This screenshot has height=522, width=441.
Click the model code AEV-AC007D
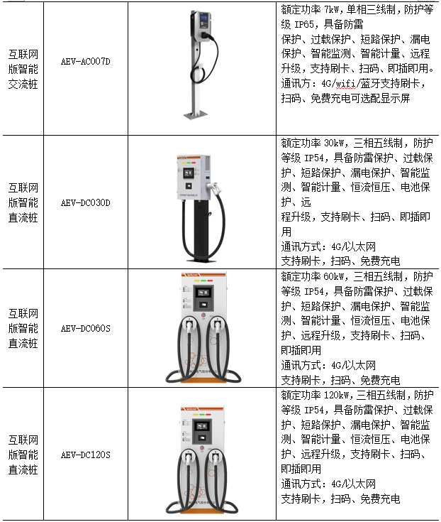point(85,62)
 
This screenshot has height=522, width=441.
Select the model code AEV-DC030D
point(85,202)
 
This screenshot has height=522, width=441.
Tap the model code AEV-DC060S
point(85,329)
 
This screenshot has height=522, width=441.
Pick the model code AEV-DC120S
point(85,455)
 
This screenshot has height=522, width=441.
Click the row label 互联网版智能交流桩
point(23,70)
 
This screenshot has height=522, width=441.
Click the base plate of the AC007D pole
point(196,115)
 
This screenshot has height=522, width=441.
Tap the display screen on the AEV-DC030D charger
point(189,173)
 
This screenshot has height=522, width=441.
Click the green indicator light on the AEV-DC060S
point(203,281)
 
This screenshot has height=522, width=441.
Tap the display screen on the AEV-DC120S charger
point(202,426)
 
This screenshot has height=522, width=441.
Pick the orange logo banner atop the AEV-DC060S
point(203,275)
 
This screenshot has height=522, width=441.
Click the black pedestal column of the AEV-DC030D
point(202,229)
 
